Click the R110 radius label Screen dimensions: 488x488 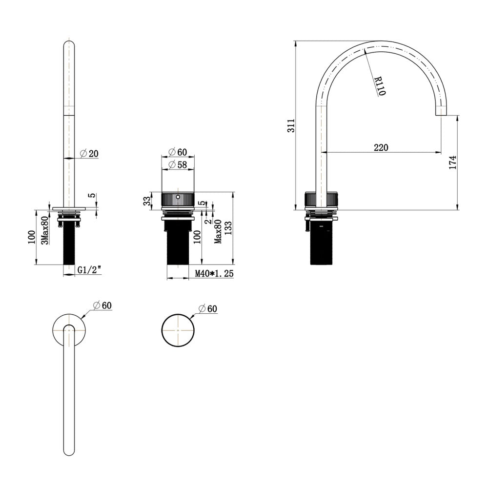point(380,86)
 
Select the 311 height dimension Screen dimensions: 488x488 point(291,125)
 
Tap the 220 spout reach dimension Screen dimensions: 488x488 point(381,147)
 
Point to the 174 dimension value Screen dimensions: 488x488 point(452,162)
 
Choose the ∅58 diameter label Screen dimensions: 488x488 point(178,164)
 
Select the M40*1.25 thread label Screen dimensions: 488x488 point(214,273)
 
